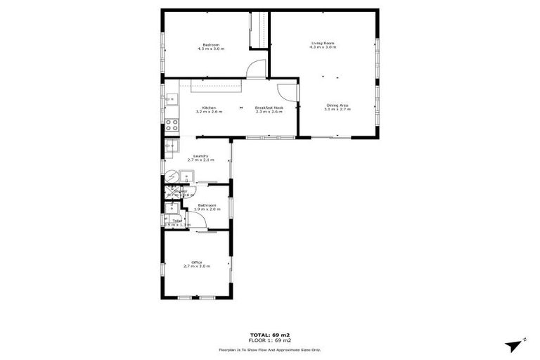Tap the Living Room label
click(323, 44)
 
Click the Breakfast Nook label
click(268, 108)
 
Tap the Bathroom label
click(207, 205)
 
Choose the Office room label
click(197, 262)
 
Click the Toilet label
click(176, 220)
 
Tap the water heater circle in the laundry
click(170, 176)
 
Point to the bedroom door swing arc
click(258, 68)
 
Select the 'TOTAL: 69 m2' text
click(270, 334)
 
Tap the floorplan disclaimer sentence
click(270, 349)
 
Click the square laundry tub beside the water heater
click(186, 176)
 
